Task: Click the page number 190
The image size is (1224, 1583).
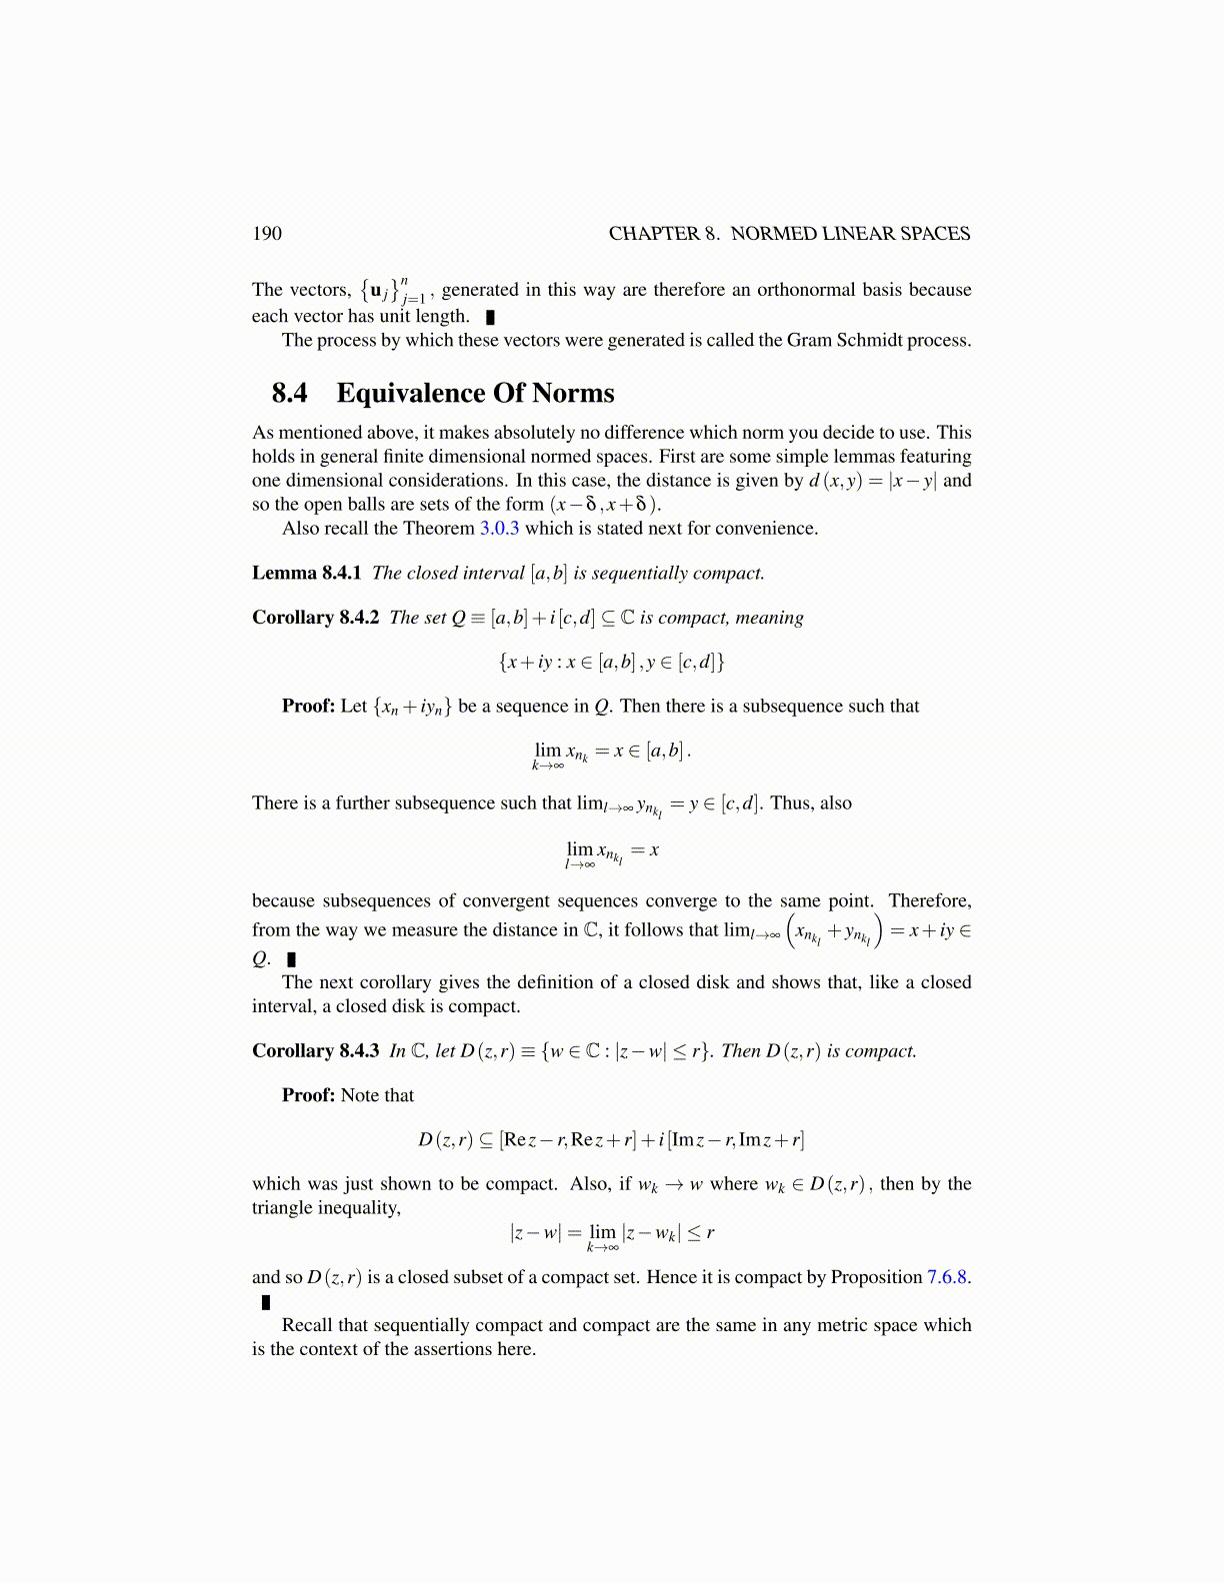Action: click(x=267, y=234)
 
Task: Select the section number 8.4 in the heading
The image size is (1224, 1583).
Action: click(x=289, y=393)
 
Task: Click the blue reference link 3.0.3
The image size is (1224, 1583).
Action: click(x=499, y=529)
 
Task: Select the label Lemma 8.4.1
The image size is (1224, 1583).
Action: click(x=306, y=573)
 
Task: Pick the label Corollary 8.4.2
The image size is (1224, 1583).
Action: click(x=315, y=618)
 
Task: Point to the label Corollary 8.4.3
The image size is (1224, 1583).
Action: click(x=315, y=1051)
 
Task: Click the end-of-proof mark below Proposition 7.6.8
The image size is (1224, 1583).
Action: click(x=266, y=1302)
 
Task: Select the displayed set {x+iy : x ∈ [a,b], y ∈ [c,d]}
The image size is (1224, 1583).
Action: click(x=611, y=662)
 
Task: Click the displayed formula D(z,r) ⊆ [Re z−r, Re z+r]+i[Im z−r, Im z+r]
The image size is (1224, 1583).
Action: click(x=611, y=1139)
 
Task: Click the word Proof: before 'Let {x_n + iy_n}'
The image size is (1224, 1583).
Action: click(x=308, y=707)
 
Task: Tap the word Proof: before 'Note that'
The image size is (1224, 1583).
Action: click(x=308, y=1095)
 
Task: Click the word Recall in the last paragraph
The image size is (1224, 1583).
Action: click(x=307, y=1325)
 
